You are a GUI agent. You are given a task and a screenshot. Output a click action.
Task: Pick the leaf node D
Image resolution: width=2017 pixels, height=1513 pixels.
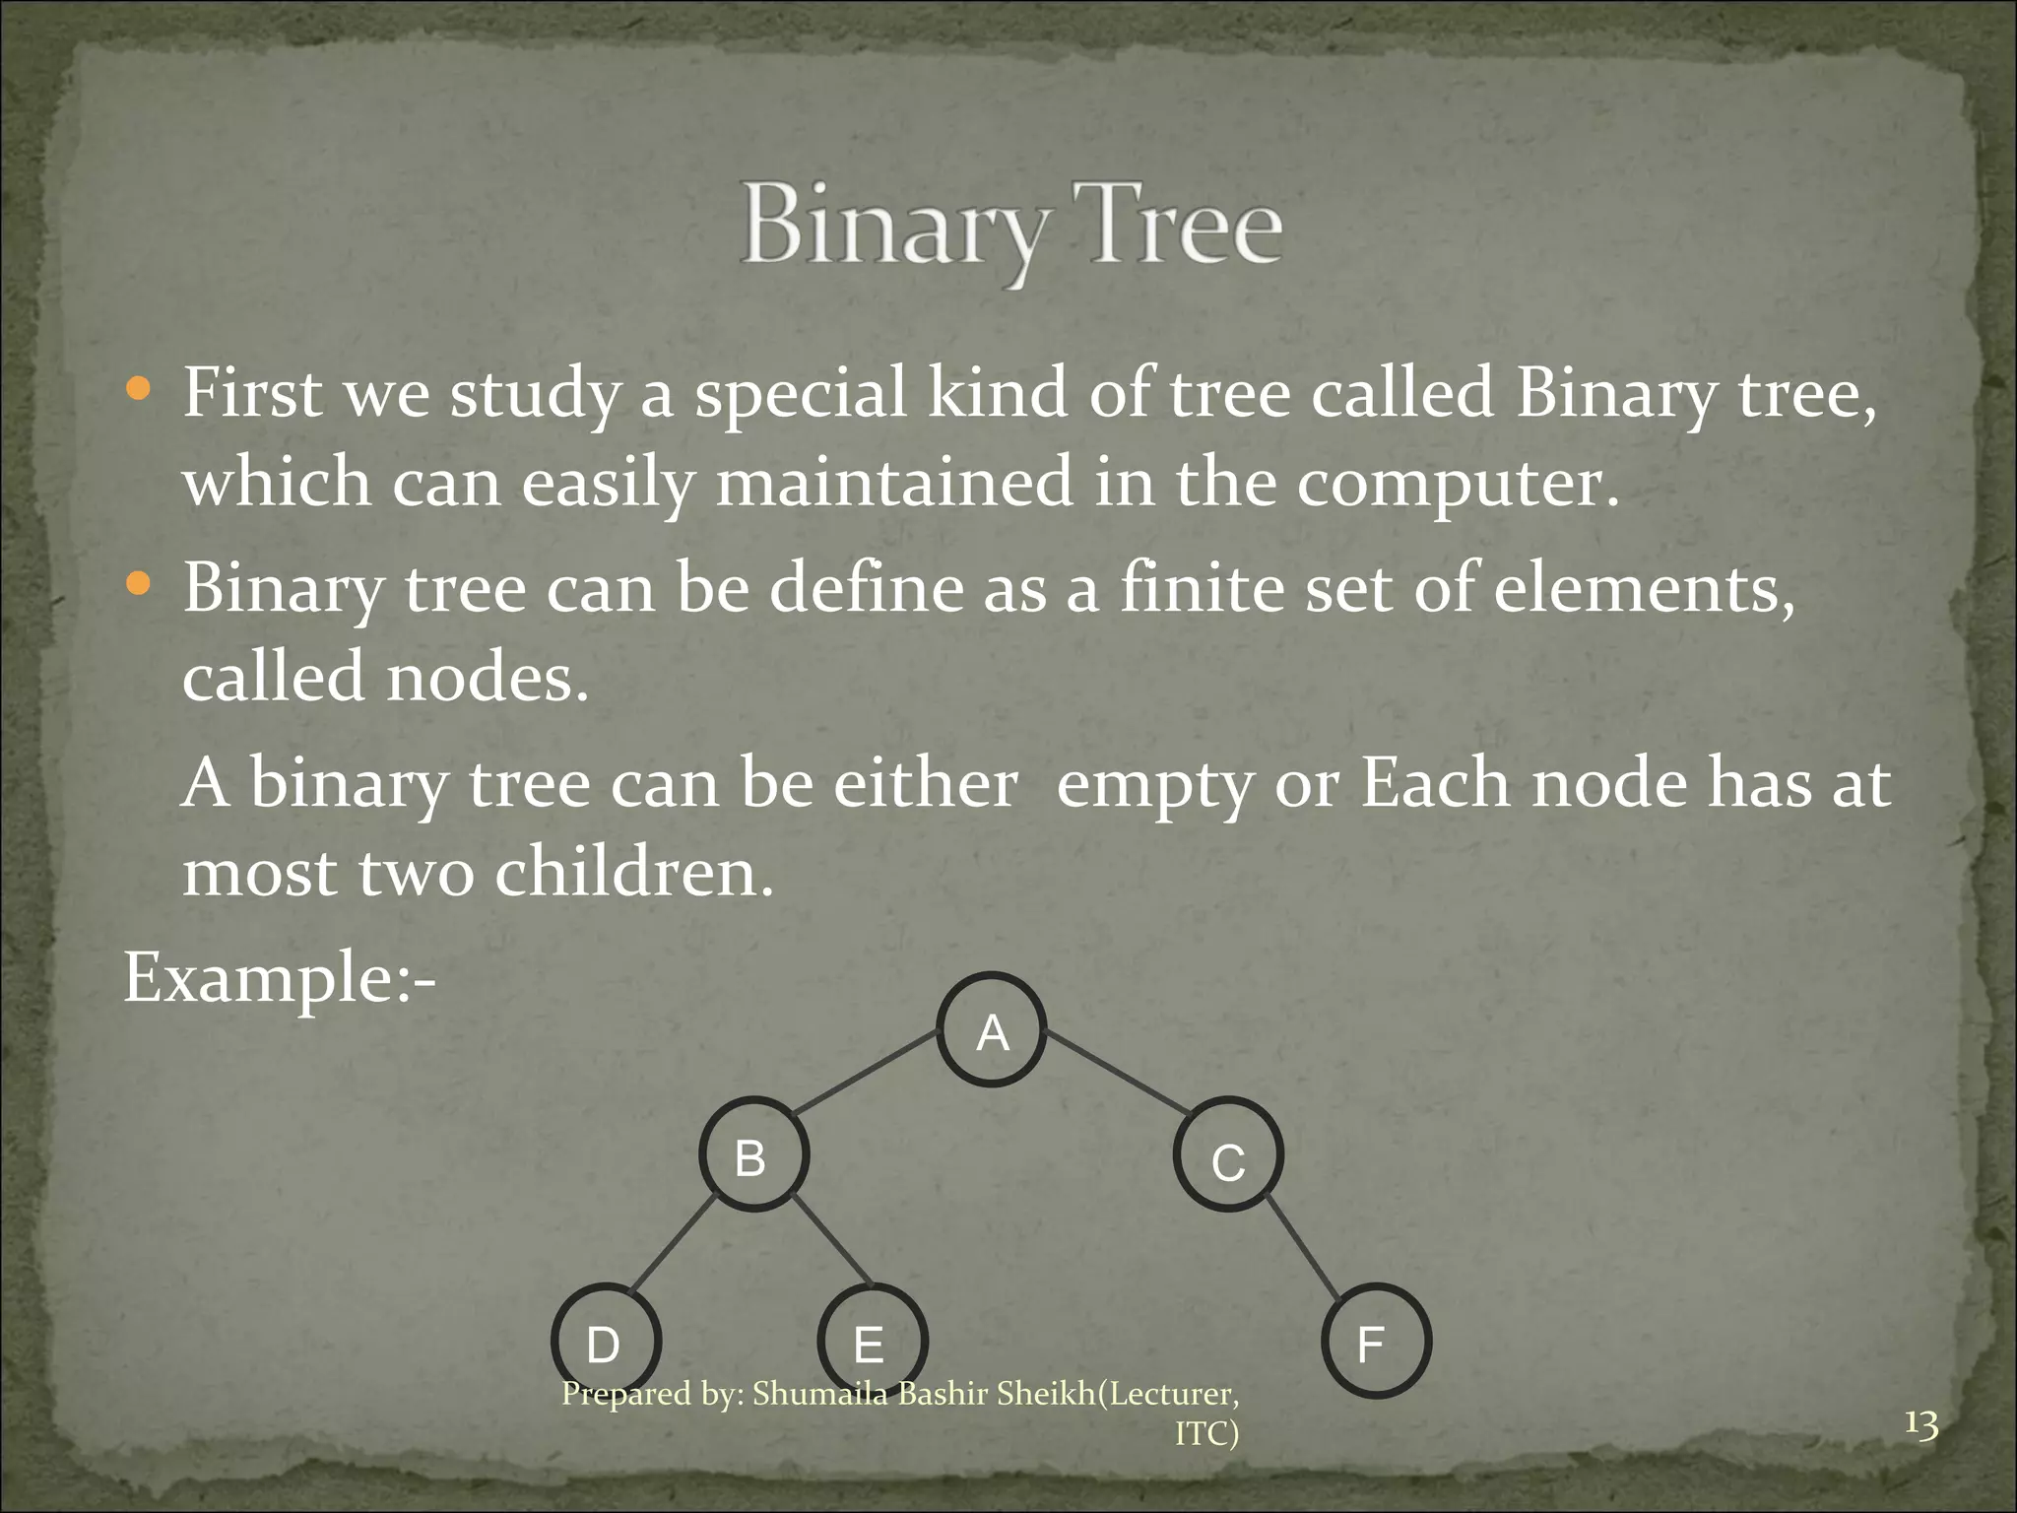[605, 1342]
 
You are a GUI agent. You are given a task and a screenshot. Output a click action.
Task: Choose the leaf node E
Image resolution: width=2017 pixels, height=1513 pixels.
[872, 1342]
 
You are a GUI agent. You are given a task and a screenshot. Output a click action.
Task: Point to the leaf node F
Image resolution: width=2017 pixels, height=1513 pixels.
[1375, 1342]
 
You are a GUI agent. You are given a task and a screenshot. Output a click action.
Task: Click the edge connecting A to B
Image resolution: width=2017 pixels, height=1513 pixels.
[865, 1073]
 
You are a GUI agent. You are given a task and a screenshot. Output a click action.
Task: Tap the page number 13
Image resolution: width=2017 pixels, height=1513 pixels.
[1920, 1424]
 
